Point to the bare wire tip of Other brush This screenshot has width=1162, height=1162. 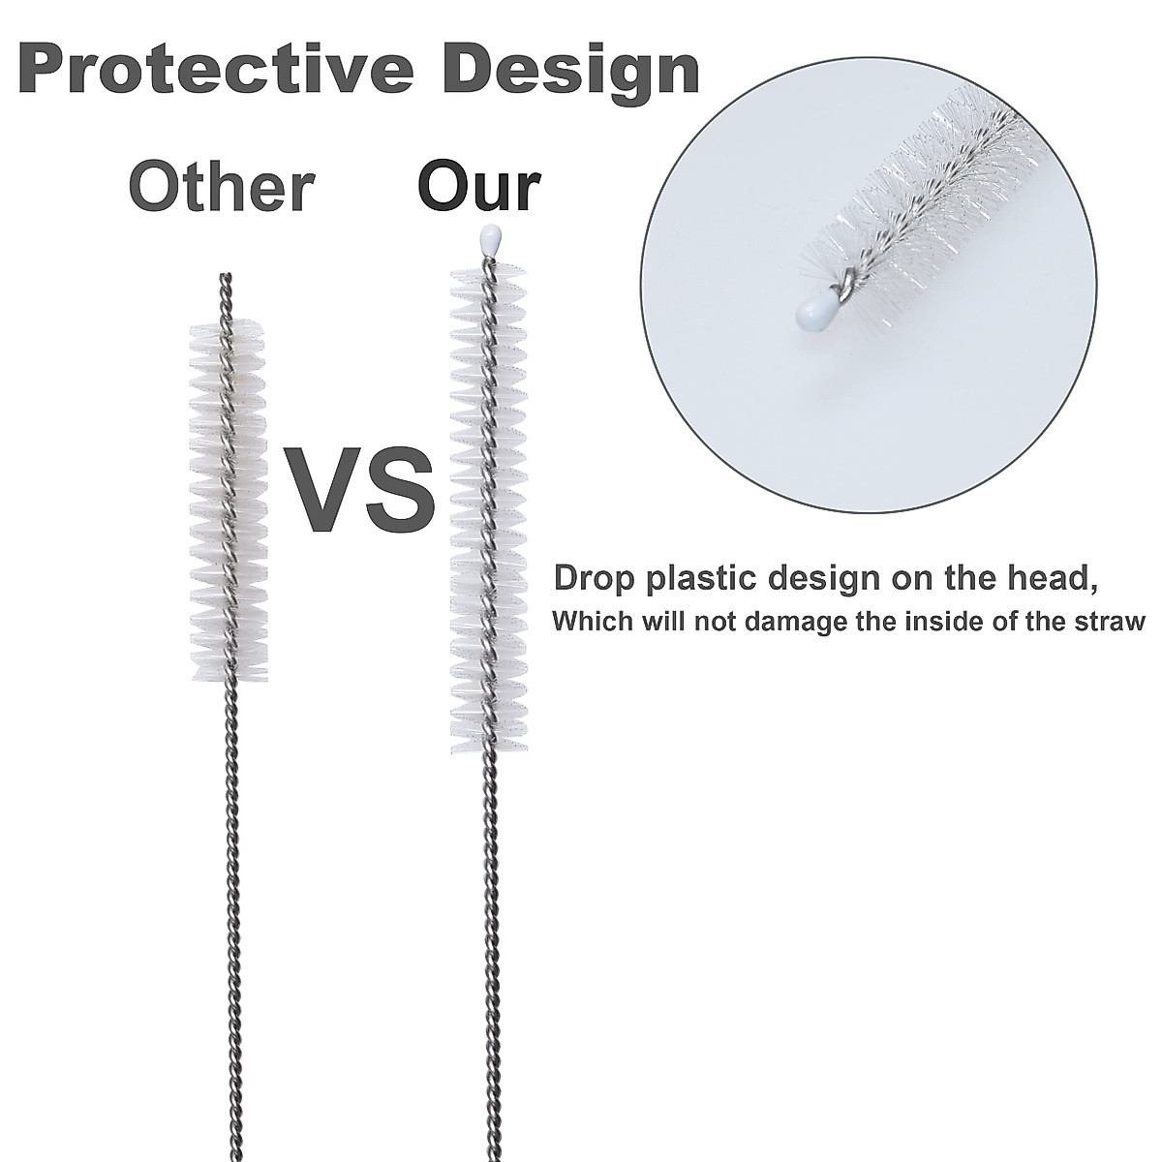228,290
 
